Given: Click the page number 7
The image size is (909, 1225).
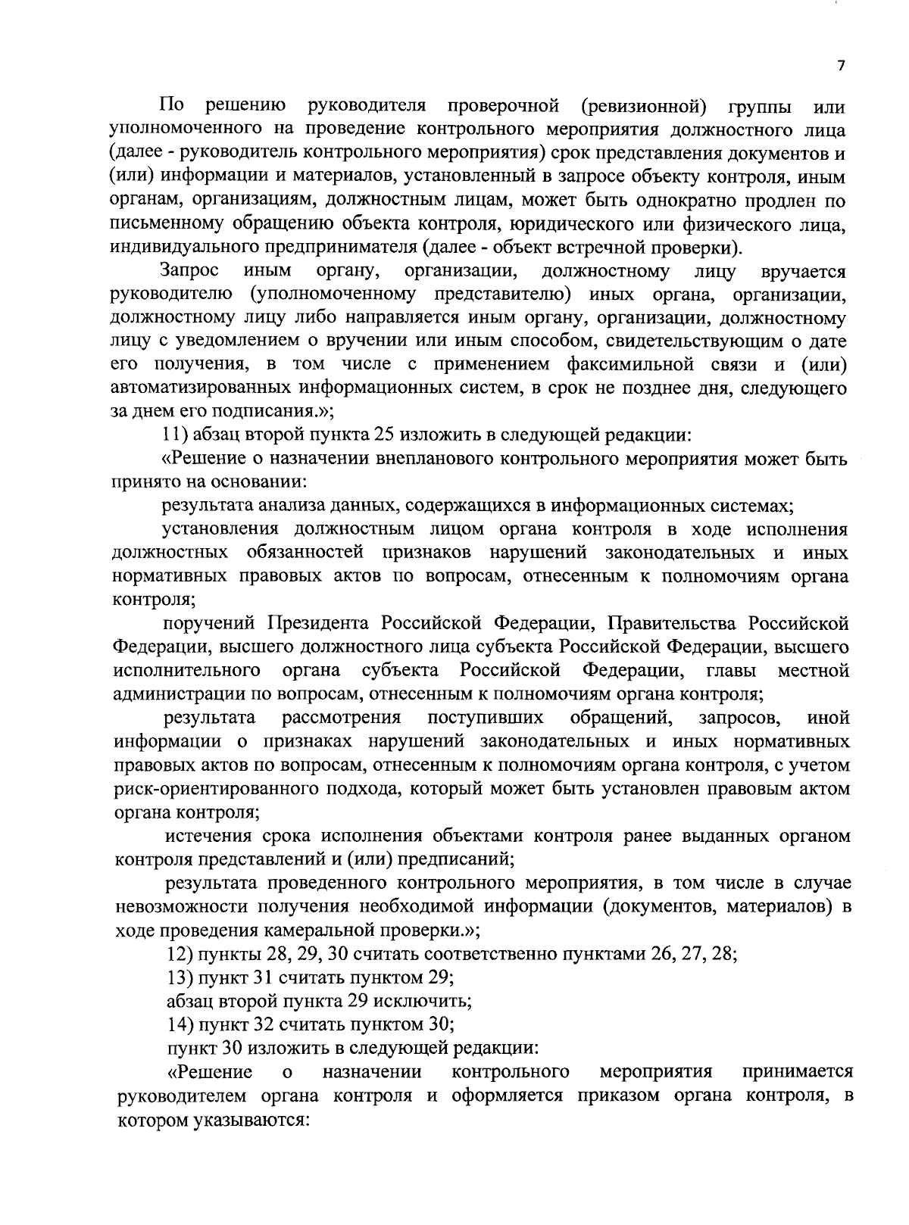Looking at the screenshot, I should (840, 66).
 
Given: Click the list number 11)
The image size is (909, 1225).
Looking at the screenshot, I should (177, 435).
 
